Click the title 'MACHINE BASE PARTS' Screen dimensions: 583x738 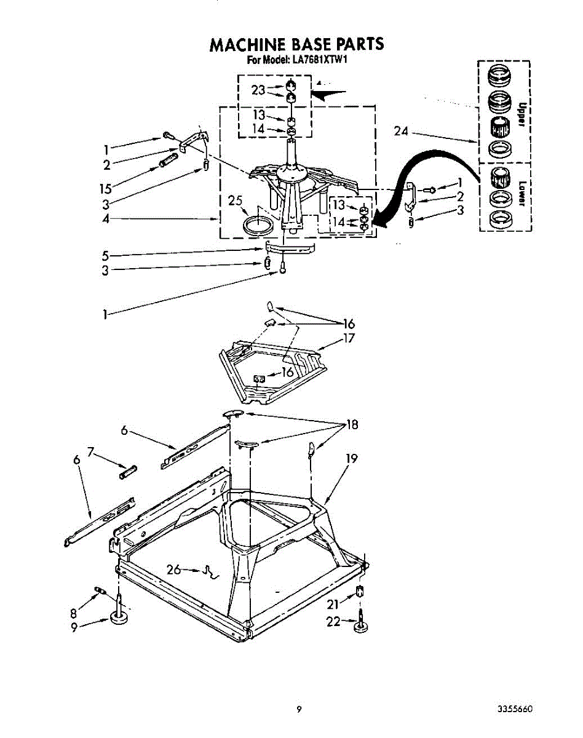pyautogui.click(x=296, y=44)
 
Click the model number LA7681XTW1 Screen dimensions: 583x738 pyautogui.click(x=314, y=60)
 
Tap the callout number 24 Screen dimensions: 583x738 pyautogui.click(x=402, y=131)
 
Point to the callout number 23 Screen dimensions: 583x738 pyautogui.click(x=258, y=90)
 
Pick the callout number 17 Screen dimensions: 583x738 pyautogui.click(x=349, y=338)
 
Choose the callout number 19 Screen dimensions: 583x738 pyautogui.click(x=351, y=458)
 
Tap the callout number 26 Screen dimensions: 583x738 pyautogui.click(x=174, y=569)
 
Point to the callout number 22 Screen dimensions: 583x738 pyautogui.click(x=333, y=622)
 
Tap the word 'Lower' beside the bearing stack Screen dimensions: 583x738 pyautogui.click(x=520, y=192)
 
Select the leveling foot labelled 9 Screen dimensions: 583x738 pyautogui.click(x=119, y=617)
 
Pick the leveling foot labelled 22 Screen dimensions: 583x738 pyautogui.click(x=360, y=626)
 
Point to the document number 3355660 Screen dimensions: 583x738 pyautogui.click(x=514, y=709)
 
